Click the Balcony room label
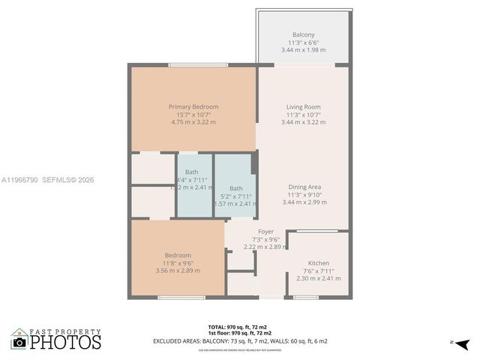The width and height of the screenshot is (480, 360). (303, 34)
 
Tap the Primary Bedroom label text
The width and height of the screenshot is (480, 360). (193, 107)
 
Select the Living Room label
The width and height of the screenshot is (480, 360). (303, 107)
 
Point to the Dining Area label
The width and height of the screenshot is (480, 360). (303, 187)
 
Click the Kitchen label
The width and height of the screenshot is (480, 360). (319, 263)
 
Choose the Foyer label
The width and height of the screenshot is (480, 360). (265, 232)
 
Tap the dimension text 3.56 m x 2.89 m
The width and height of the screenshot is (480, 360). (178, 270)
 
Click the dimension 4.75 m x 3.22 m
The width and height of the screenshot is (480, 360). (193, 121)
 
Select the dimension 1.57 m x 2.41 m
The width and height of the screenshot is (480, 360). (236, 203)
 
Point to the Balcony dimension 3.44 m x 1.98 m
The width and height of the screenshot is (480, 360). (303, 49)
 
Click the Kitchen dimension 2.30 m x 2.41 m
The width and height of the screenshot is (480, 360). (319, 278)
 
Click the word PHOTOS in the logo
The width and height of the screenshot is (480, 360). (65, 342)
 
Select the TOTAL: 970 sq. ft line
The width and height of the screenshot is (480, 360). (239, 326)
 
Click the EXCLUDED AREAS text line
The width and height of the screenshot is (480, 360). (240, 341)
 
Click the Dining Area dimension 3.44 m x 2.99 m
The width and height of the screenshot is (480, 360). (303, 202)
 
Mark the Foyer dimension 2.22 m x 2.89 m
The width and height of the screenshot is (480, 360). (265, 247)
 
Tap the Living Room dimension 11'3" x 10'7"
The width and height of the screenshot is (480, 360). (303, 115)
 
